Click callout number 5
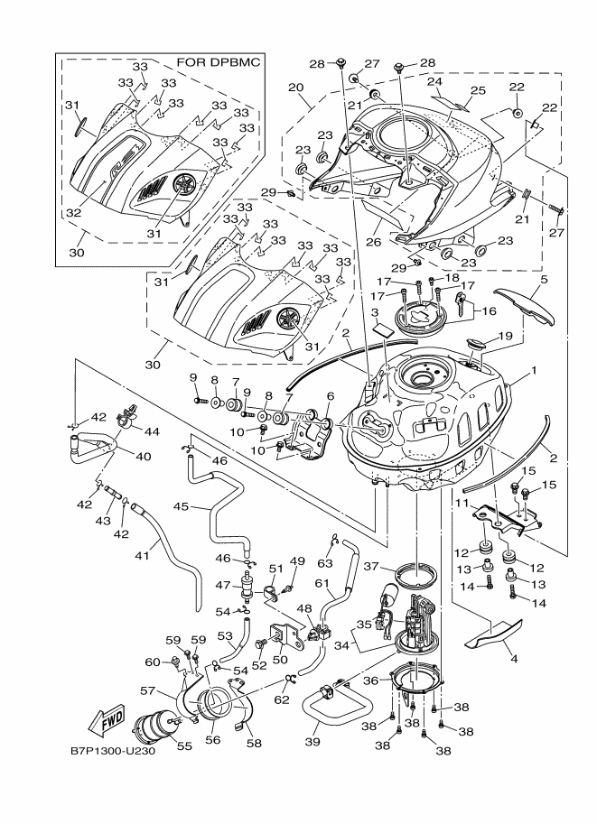click(x=544, y=281)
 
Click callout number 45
click(x=180, y=507)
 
